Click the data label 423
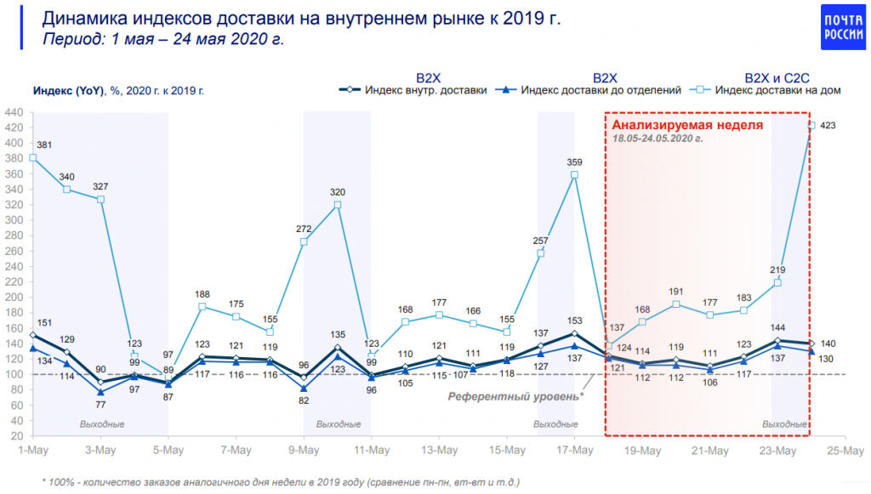pos(828,126)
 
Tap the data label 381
pos(45,144)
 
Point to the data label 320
pos(338,191)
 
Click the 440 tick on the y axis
pos(14,111)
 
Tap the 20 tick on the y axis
pos(17,435)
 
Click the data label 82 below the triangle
pos(304,400)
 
